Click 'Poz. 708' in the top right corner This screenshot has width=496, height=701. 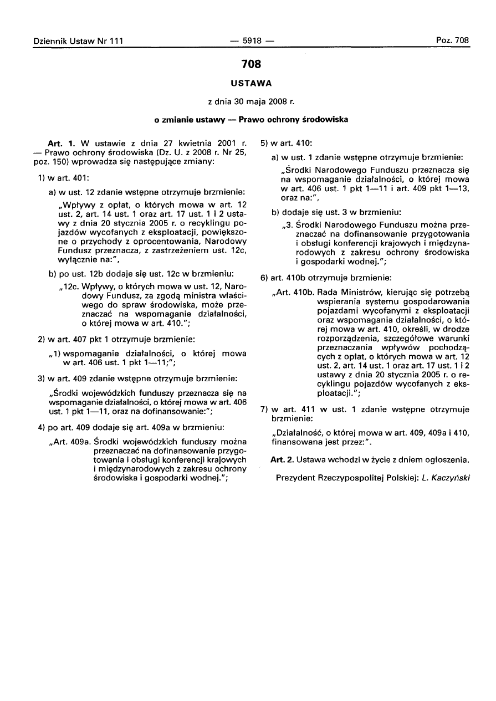pos(452,40)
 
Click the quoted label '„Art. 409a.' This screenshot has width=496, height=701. pos(70,442)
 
